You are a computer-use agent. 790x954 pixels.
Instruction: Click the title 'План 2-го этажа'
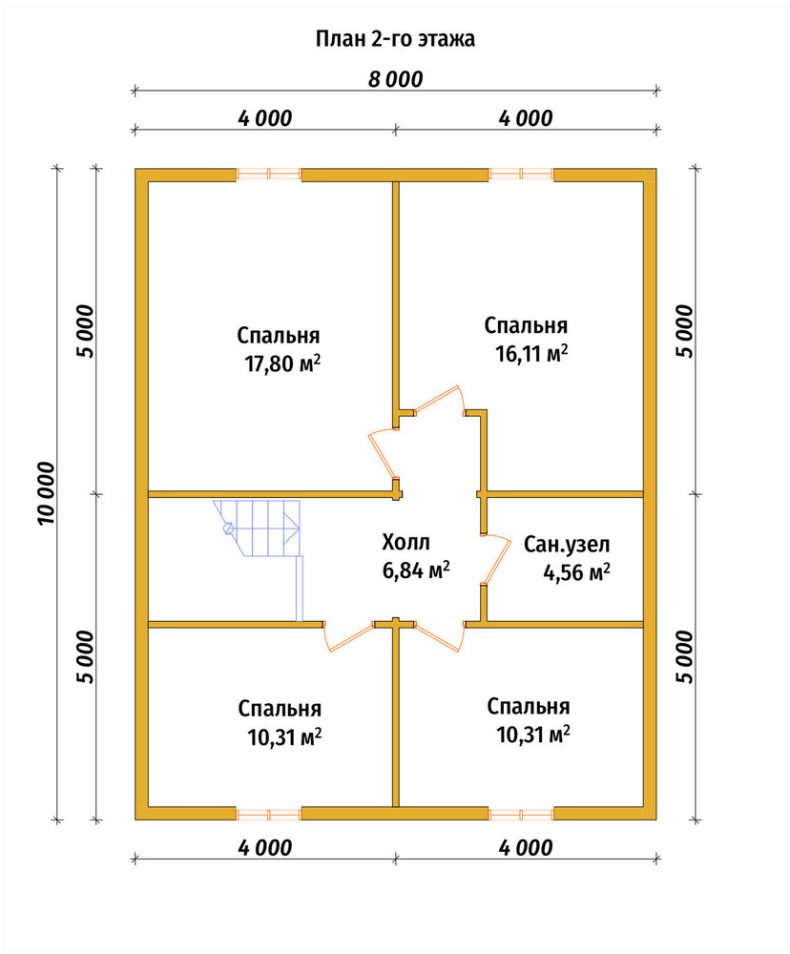pyautogui.click(x=395, y=39)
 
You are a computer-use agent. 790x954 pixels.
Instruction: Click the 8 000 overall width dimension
pyautogui.click(x=395, y=79)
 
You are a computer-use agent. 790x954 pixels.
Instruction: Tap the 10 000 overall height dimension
pyautogui.click(x=46, y=493)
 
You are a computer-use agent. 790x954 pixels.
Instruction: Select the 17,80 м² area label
pyautogui.click(x=282, y=363)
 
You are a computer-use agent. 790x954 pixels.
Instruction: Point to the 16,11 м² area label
pyautogui.click(x=532, y=353)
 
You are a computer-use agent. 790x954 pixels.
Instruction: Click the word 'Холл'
pyautogui.click(x=405, y=542)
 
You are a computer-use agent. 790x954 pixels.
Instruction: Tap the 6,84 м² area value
pyautogui.click(x=416, y=570)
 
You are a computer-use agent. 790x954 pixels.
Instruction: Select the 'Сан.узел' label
pyautogui.click(x=567, y=544)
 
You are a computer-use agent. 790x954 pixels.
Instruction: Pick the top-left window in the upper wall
pyautogui.click(x=268, y=175)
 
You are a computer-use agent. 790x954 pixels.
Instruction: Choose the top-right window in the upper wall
pyautogui.click(x=521, y=175)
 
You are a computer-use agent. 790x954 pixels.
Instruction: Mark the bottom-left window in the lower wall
pyautogui.click(x=268, y=814)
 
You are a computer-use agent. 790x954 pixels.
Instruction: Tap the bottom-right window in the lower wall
pyautogui.click(x=521, y=814)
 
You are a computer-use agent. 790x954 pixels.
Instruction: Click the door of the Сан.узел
pyautogui.click(x=497, y=560)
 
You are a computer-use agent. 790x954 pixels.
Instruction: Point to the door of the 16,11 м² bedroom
pyautogui.click(x=438, y=401)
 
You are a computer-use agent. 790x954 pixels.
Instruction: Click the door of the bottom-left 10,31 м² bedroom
pyautogui.click(x=348, y=637)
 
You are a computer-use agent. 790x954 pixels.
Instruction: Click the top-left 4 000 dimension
pyautogui.click(x=264, y=118)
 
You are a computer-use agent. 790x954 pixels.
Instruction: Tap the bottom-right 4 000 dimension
pyautogui.click(x=526, y=847)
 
